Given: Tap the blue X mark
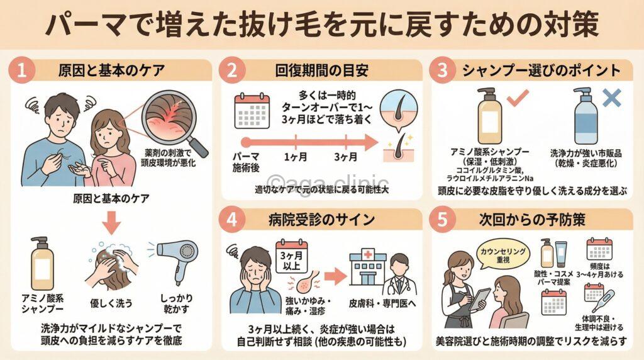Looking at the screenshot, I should (611, 98).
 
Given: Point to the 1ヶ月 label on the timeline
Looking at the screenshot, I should (291, 157).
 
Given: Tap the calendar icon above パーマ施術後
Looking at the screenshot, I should (251, 111).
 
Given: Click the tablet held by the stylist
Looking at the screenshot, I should (482, 296).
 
